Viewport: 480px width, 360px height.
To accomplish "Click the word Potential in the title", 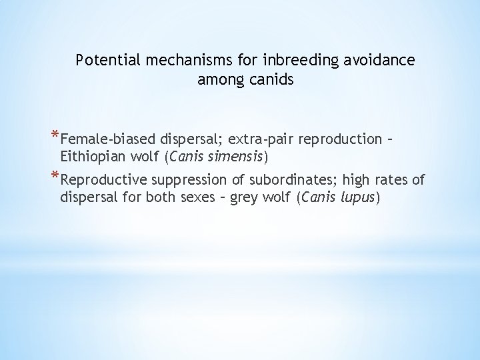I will pos(104,61).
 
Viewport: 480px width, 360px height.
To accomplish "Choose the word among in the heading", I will pos(215,80).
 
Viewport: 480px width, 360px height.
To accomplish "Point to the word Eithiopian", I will pos(91,157).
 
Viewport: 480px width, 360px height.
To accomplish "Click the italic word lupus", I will pos(357,198).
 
